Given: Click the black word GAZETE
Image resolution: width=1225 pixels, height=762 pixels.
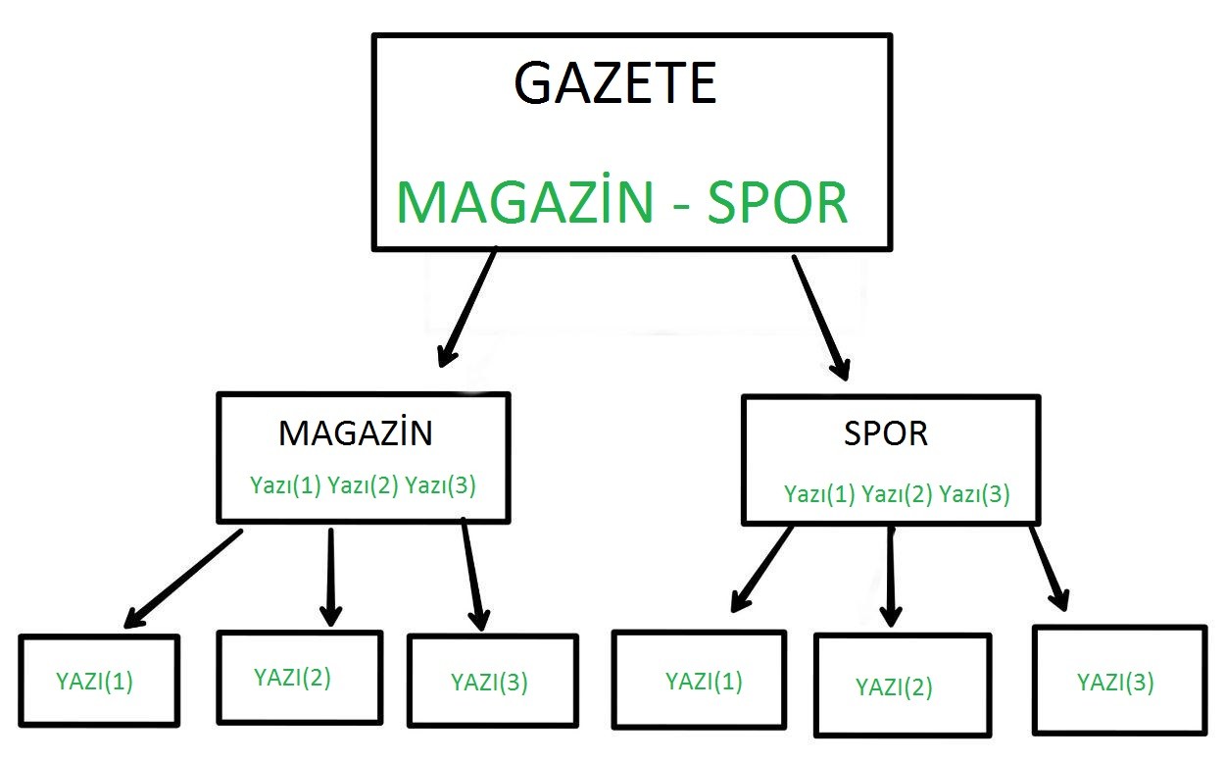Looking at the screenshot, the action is (x=615, y=82).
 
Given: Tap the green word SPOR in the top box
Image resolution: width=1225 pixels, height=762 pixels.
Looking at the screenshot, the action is (x=778, y=203).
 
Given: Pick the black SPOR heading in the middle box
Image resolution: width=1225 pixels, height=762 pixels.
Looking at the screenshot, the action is (x=886, y=433).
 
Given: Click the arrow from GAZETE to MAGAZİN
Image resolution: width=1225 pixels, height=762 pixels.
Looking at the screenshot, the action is (x=466, y=308).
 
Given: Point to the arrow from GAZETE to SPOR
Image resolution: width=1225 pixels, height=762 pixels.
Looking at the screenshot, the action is (x=821, y=318).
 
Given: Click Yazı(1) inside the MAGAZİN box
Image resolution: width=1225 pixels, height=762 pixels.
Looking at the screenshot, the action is (x=285, y=485).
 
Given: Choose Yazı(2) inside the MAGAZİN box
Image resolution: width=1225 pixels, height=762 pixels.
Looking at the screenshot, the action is (x=363, y=485).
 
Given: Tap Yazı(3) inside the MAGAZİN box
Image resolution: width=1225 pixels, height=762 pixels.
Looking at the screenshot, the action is (x=440, y=485).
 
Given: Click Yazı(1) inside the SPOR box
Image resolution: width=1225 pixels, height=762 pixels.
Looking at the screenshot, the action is (x=819, y=493).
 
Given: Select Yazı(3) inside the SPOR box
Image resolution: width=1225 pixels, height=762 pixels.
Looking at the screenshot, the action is (x=974, y=493).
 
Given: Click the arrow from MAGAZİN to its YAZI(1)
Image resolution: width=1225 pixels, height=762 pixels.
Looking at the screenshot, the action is (x=184, y=578).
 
